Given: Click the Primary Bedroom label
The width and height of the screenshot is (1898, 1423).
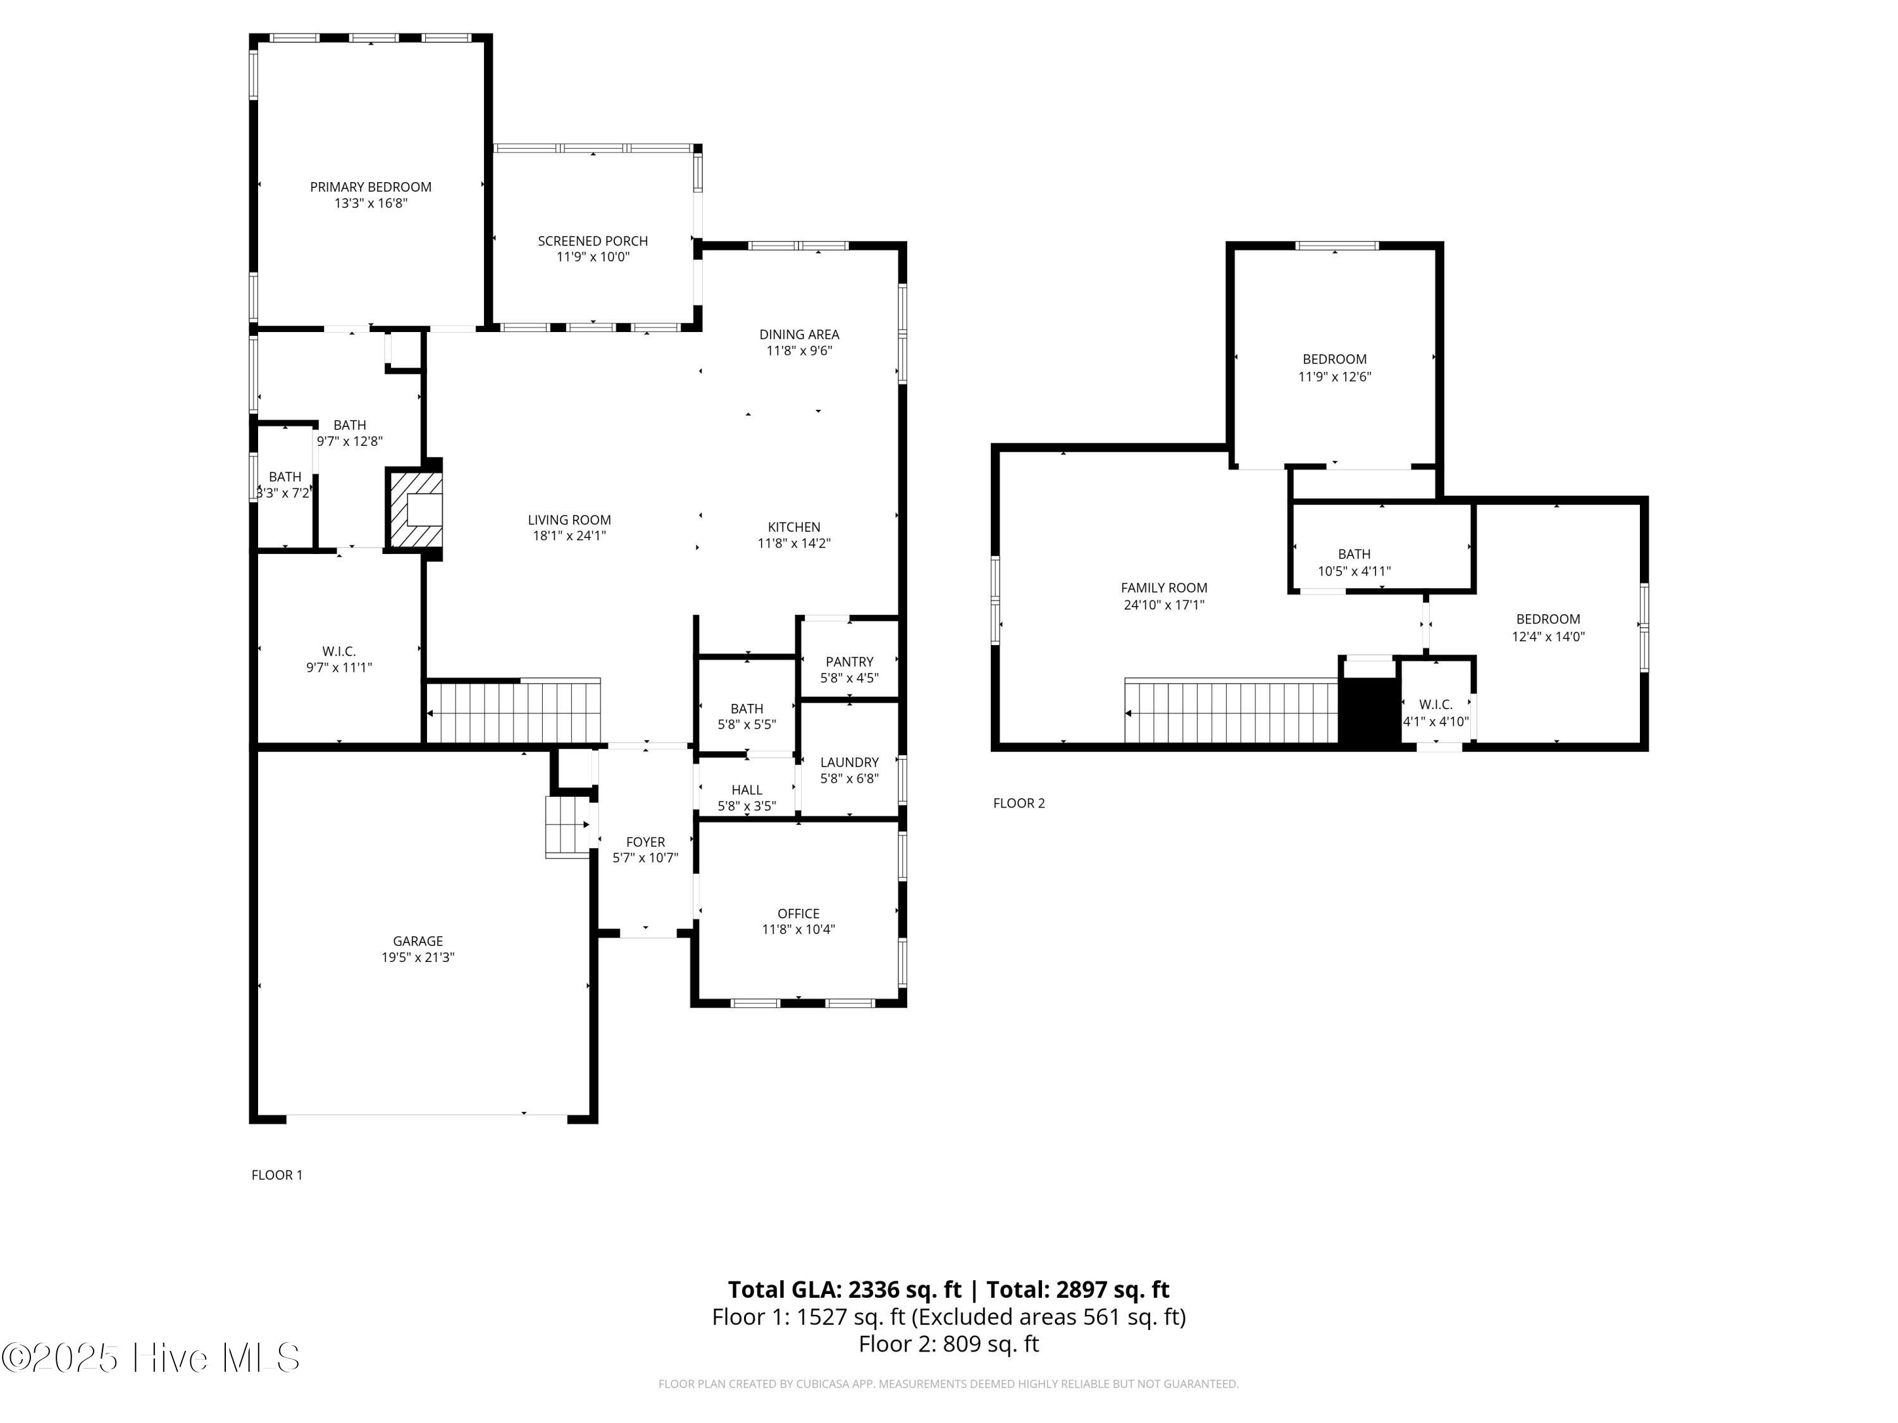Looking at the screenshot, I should (x=371, y=187).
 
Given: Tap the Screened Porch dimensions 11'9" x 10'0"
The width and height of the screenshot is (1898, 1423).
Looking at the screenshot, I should (x=593, y=257).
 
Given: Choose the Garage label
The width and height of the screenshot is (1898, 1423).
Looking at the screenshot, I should (x=418, y=941).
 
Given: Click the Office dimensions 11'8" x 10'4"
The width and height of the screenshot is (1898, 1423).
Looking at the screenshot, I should (x=798, y=930).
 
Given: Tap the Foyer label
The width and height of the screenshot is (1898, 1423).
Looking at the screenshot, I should (x=645, y=842).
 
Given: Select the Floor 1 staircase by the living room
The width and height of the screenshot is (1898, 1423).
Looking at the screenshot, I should (x=513, y=712).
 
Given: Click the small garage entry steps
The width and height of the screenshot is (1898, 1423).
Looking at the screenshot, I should (x=566, y=827).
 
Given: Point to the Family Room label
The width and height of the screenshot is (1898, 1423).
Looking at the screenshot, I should (x=1163, y=588).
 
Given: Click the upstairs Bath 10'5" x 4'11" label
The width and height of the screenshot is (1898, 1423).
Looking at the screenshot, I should (x=1354, y=555).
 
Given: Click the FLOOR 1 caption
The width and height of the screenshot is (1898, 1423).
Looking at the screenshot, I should (x=276, y=1175).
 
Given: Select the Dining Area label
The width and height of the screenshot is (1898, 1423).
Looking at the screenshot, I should (x=799, y=335).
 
